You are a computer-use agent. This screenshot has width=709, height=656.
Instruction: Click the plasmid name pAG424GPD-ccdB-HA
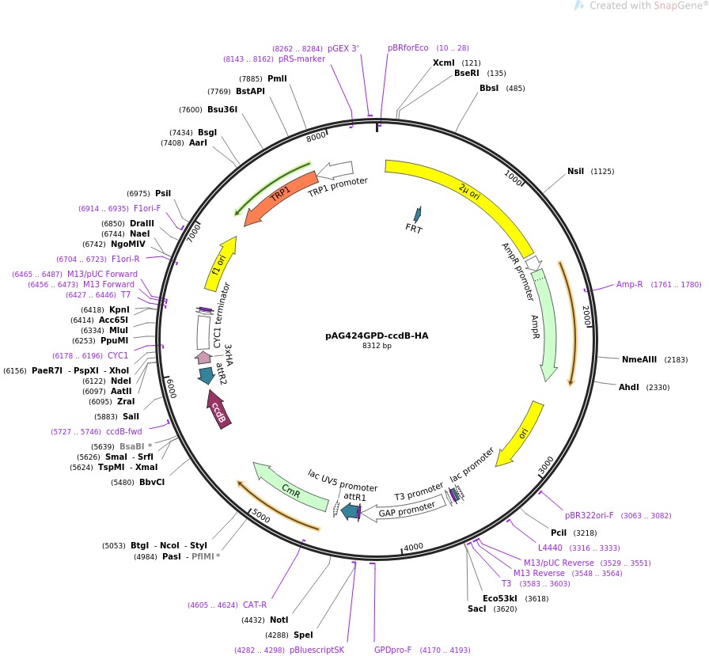(x=377, y=335)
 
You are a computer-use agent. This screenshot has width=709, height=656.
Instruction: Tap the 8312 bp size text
(x=377, y=346)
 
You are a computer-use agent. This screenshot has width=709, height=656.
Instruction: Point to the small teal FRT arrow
(x=416, y=214)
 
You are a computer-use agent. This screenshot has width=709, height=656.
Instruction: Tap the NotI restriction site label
(x=279, y=620)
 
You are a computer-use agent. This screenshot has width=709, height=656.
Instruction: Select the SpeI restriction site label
(x=303, y=635)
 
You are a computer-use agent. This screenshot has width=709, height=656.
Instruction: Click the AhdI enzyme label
(x=630, y=387)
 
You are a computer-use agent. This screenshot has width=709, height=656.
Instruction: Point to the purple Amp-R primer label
(x=630, y=285)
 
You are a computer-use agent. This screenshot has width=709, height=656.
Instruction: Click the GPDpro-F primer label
(x=392, y=650)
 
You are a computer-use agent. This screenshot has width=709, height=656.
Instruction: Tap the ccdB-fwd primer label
(x=123, y=432)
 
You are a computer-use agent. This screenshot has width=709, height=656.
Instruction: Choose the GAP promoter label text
(x=408, y=511)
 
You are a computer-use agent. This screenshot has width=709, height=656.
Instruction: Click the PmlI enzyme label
(x=277, y=78)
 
